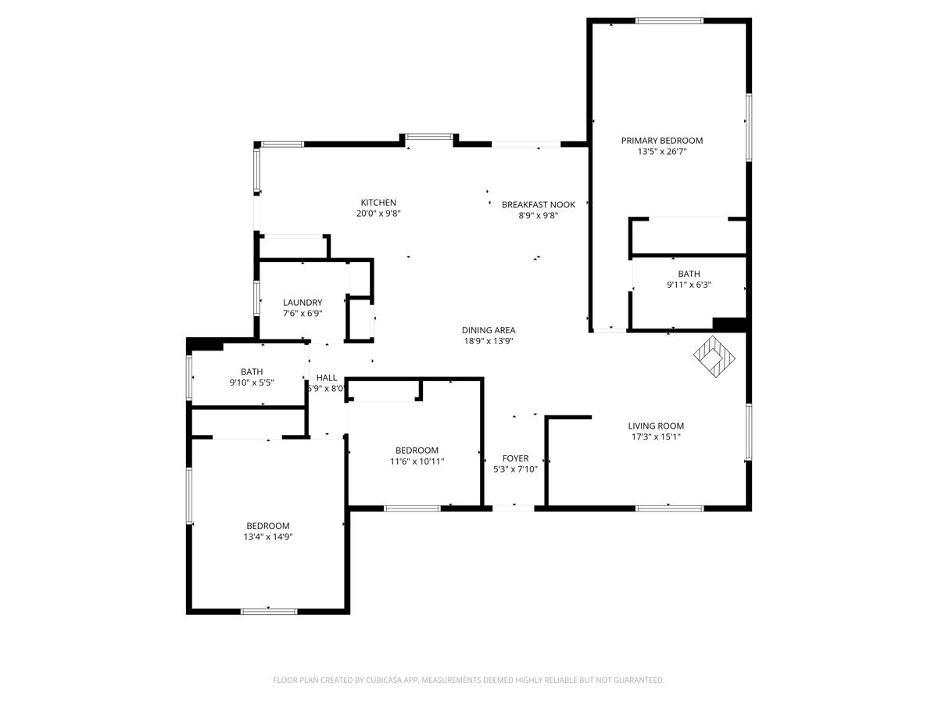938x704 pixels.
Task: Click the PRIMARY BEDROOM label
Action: tap(661, 141)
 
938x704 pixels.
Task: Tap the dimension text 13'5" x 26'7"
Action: tap(661, 152)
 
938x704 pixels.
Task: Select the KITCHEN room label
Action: tap(378, 203)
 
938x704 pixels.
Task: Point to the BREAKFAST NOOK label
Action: tap(538, 205)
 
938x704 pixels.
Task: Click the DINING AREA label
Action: tap(488, 330)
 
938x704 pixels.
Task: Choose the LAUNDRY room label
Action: tap(303, 303)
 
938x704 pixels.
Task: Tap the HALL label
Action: tap(327, 378)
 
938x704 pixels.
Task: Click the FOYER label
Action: tap(515, 458)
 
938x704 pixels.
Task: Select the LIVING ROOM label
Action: tap(656, 426)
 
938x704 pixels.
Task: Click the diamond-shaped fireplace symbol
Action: tap(714, 357)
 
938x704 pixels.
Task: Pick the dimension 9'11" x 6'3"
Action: tap(689, 285)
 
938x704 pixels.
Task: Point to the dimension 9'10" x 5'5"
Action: tap(252, 383)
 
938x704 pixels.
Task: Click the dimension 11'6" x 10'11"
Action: tap(417, 462)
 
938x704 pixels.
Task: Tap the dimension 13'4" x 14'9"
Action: tap(268, 537)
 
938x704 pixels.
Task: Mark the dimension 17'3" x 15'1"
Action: tap(656, 437)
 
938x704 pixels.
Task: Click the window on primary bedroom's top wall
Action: tap(669, 21)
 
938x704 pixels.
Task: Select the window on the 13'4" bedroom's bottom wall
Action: tap(268, 611)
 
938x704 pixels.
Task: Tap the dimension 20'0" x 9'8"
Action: tap(378, 214)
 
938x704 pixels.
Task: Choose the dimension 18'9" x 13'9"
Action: tap(488, 341)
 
